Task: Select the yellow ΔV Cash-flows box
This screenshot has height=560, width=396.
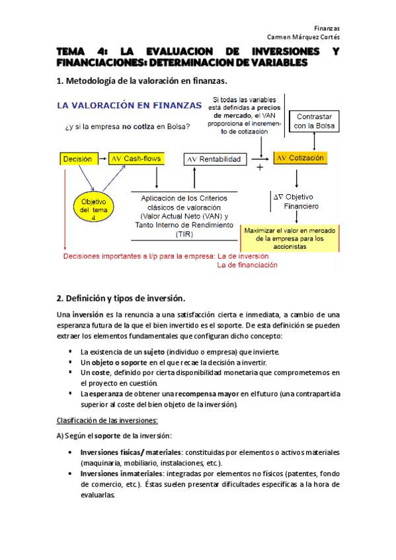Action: tap(136, 158)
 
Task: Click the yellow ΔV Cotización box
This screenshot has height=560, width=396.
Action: tap(301, 158)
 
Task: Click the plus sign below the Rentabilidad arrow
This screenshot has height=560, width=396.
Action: tap(259, 168)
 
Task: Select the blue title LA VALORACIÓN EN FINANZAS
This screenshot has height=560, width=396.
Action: tap(130, 105)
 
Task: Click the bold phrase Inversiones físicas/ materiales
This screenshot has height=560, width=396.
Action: tap(132, 452)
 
